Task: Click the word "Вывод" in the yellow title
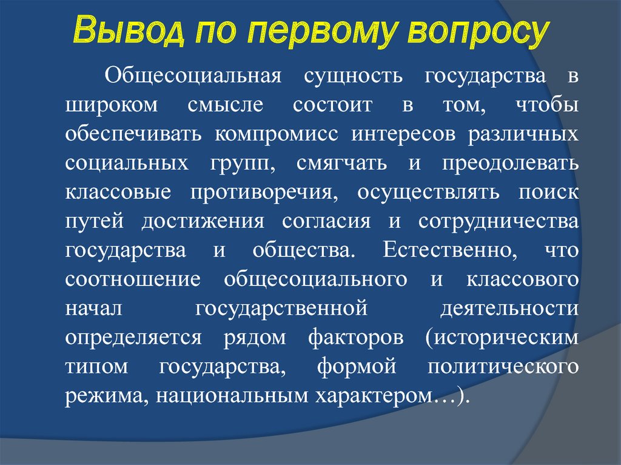tap(129, 30)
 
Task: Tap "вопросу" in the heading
tap(478, 32)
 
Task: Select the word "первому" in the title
tap(321, 32)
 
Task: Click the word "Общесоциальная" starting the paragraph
tap(193, 76)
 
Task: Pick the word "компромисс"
tap(277, 135)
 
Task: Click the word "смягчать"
tap(341, 164)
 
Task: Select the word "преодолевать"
tap(510, 163)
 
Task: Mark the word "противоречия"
tap(264, 193)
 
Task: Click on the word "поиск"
tap(548, 193)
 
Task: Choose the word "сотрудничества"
tap(498, 222)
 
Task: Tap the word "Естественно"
tap(450, 250)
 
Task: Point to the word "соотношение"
tap(133, 279)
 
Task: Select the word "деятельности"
tap(509, 309)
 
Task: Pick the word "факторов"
tap(356, 337)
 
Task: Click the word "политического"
tap(503, 367)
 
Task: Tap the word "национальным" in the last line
tap(232, 396)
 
